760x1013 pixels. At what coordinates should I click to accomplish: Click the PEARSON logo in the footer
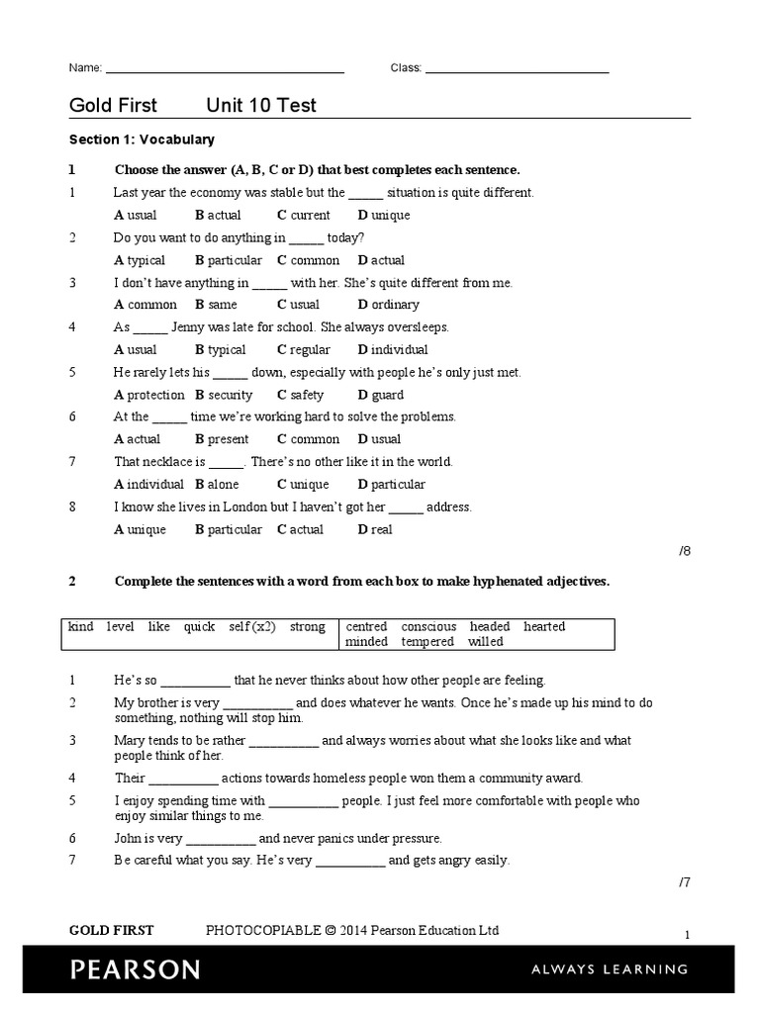135,969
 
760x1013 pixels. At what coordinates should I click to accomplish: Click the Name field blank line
225,70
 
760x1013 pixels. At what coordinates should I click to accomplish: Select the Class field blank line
517,70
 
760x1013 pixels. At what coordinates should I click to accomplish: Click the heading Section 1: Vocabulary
142,139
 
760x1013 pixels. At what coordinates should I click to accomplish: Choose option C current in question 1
304,215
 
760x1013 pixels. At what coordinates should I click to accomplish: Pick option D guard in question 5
380,395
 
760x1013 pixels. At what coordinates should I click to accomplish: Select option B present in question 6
221,439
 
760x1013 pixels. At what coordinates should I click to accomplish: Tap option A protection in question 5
149,395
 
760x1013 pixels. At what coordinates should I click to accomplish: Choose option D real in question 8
375,529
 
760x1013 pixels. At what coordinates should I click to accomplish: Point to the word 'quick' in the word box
199,626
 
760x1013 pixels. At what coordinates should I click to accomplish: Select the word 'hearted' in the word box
544,626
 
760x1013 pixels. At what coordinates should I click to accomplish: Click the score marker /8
684,552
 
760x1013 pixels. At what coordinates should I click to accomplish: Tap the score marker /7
684,882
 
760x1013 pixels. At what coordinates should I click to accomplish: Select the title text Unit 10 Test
261,106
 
